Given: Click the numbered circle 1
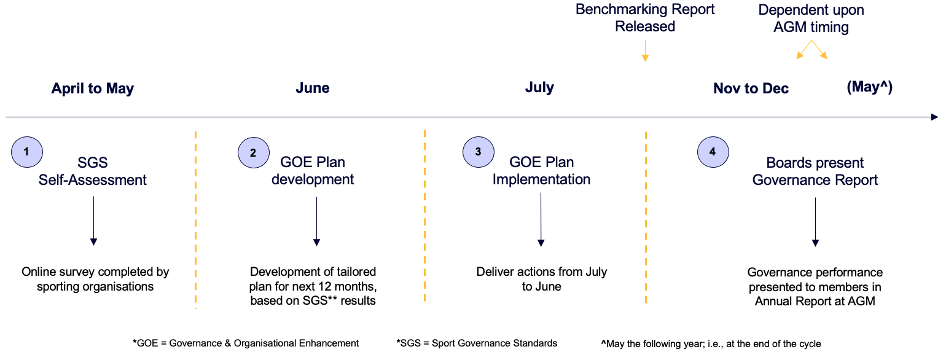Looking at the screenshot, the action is tap(27, 152).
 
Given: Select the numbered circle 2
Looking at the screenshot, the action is tap(253, 152).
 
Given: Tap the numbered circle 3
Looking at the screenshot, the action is tap(479, 152).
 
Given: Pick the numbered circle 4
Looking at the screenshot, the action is tap(713, 152).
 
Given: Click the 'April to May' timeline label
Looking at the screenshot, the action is tap(93, 88).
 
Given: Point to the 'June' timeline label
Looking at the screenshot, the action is tap(313, 87).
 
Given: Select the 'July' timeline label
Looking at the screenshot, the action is tap(539, 87).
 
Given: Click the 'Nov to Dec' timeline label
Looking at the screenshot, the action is tap(751, 88).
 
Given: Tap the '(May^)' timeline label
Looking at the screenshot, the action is tap(870, 87).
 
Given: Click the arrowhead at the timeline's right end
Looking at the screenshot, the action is tap(935, 117).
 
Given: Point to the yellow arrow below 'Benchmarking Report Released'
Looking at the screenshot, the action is tap(645, 51).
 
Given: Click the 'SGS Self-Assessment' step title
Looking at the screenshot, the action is tap(93, 171).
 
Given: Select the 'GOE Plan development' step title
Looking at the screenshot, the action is tap(313, 171).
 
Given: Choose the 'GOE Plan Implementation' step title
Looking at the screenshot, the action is tap(541, 171).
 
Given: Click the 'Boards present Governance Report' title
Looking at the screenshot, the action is tap(815, 171).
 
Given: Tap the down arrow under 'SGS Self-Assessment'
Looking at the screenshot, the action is tap(94, 221).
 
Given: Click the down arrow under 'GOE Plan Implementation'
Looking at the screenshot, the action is tap(541, 220).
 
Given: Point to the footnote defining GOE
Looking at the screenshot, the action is tap(246, 343).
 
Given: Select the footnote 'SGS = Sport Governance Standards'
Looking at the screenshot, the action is tap(477, 343).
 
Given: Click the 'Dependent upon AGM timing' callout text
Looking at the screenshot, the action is tap(811, 18).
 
